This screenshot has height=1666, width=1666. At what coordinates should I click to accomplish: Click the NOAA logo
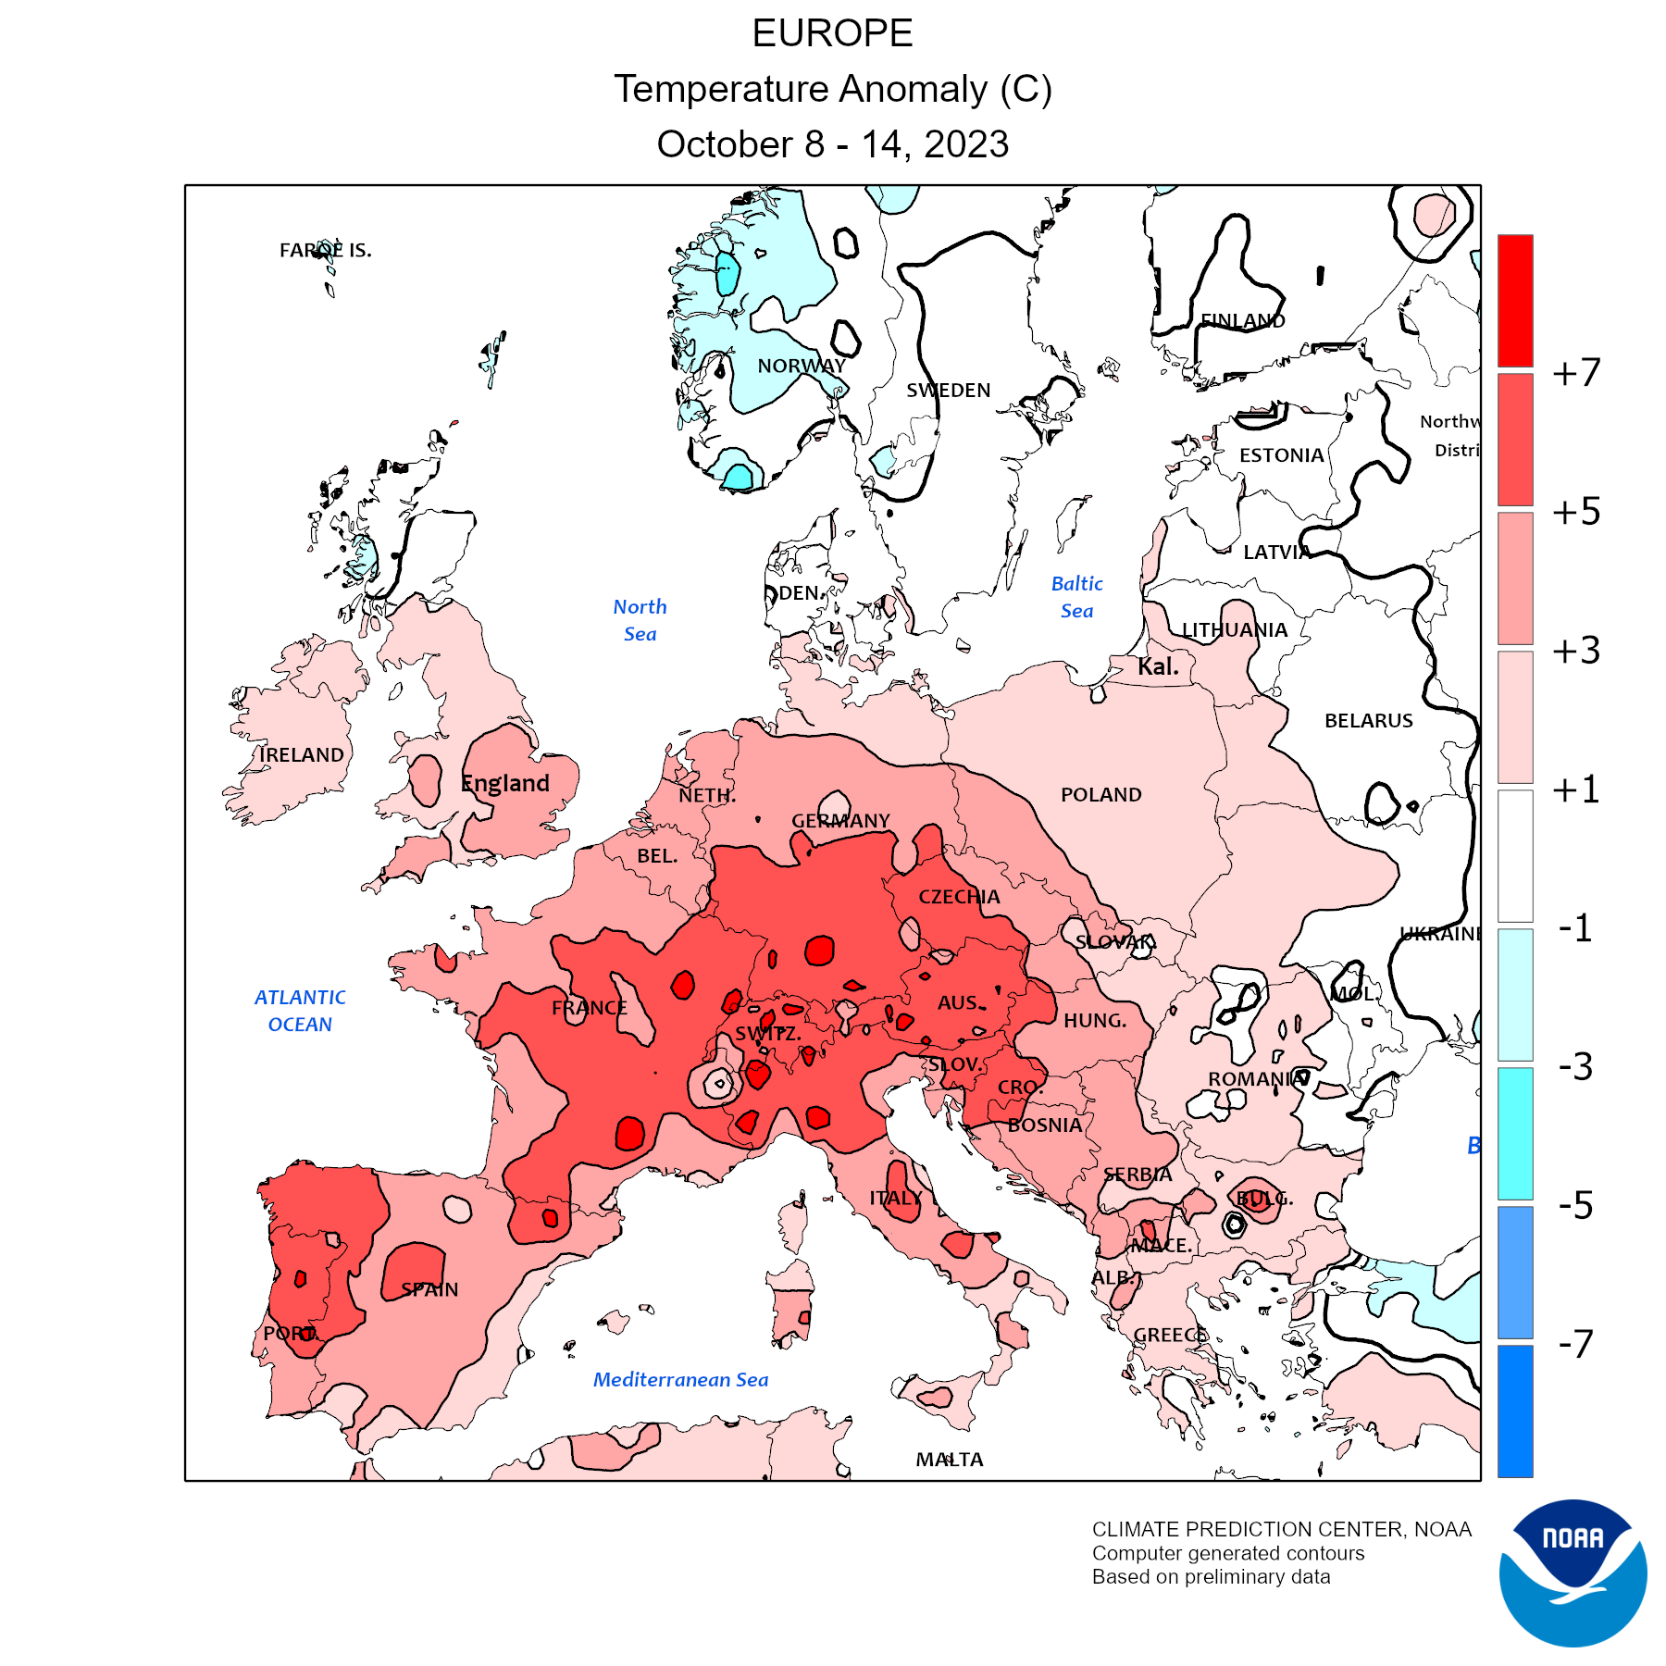[x=1573, y=1573]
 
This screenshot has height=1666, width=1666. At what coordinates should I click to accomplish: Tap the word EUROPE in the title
[x=832, y=33]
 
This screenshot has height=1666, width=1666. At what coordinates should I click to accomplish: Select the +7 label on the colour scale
[x=1576, y=373]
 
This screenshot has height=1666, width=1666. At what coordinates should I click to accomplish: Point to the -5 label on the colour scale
[x=1575, y=1205]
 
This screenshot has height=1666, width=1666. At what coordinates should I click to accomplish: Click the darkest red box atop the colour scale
[x=1515, y=300]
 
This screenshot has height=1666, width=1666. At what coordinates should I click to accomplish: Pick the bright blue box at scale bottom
[x=1515, y=1411]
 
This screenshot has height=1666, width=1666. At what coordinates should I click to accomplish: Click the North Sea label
[x=640, y=620]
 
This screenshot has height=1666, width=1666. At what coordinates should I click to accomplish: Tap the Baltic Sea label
[x=1077, y=597]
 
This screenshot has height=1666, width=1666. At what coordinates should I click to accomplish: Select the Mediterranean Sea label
[x=680, y=1380]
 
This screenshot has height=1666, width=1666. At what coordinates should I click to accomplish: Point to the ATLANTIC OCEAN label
[x=300, y=1011]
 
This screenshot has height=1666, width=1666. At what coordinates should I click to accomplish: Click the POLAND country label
[x=1100, y=795]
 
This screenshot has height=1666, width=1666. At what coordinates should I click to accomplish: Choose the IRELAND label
[x=302, y=755]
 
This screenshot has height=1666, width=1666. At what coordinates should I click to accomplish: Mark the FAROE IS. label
[x=325, y=250]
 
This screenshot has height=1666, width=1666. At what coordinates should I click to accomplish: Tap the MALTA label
[x=950, y=1460]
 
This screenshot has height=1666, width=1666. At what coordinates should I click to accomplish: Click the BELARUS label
[x=1368, y=721]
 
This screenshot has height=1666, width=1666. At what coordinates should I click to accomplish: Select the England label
[x=505, y=784]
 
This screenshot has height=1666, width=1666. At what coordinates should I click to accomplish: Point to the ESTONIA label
[x=1281, y=455]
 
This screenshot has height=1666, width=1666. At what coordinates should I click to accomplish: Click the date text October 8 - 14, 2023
[x=832, y=144]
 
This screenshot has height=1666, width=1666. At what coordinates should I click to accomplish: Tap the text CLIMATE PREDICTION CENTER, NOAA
[x=1281, y=1530]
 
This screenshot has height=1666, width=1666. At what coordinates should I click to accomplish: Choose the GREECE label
[x=1171, y=1336]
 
